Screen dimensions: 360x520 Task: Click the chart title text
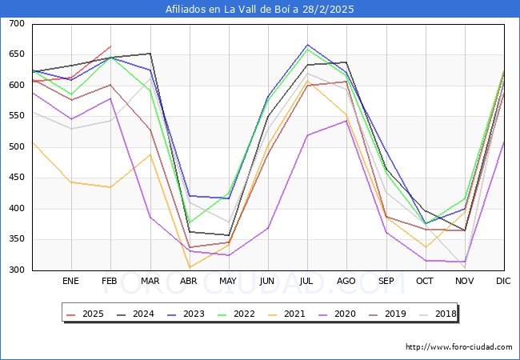(x=260, y=10)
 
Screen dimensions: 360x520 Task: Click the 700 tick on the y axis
(x=17, y=24)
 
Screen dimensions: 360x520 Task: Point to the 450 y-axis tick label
(x=17, y=178)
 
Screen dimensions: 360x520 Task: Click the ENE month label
(x=71, y=282)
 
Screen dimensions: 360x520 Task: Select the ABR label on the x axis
(x=189, y=282)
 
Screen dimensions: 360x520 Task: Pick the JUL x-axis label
(x=307, y=282)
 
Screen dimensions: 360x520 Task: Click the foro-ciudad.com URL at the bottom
(x=459, y=347)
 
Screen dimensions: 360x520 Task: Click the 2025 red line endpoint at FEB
(x=111, y=46)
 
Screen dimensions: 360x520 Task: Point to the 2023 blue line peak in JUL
(x=307, y=45)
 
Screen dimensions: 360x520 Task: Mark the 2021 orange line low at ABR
(x=189, y=267)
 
